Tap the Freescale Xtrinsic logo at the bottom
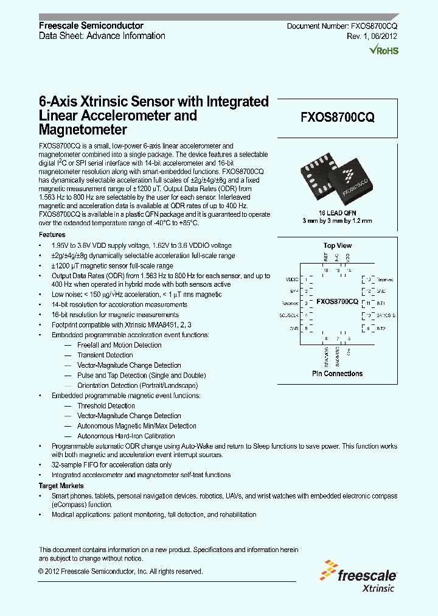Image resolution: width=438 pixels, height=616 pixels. (359, 579)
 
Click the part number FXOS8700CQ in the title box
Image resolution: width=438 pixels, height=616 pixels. (337, 119)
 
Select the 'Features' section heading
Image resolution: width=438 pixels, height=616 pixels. (52, 234)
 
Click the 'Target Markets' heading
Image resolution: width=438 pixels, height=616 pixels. (61, 486)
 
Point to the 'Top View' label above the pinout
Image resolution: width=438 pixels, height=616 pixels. (337, 246)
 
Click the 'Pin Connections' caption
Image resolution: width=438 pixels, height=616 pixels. (337, 374)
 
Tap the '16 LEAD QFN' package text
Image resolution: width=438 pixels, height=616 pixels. (337, 214)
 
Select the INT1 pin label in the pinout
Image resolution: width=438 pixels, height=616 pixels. (381, 303)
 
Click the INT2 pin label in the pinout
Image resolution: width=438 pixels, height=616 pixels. (381, 329)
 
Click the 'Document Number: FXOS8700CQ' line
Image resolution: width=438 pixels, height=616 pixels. (342, 26)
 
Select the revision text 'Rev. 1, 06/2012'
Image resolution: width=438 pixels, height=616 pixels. (372, 37)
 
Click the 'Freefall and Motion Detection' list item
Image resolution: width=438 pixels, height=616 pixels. (119, 345)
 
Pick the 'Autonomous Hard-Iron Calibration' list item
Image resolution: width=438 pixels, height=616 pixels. (126, 436)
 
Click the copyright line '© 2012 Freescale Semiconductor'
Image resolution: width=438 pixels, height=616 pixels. (120, 572)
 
